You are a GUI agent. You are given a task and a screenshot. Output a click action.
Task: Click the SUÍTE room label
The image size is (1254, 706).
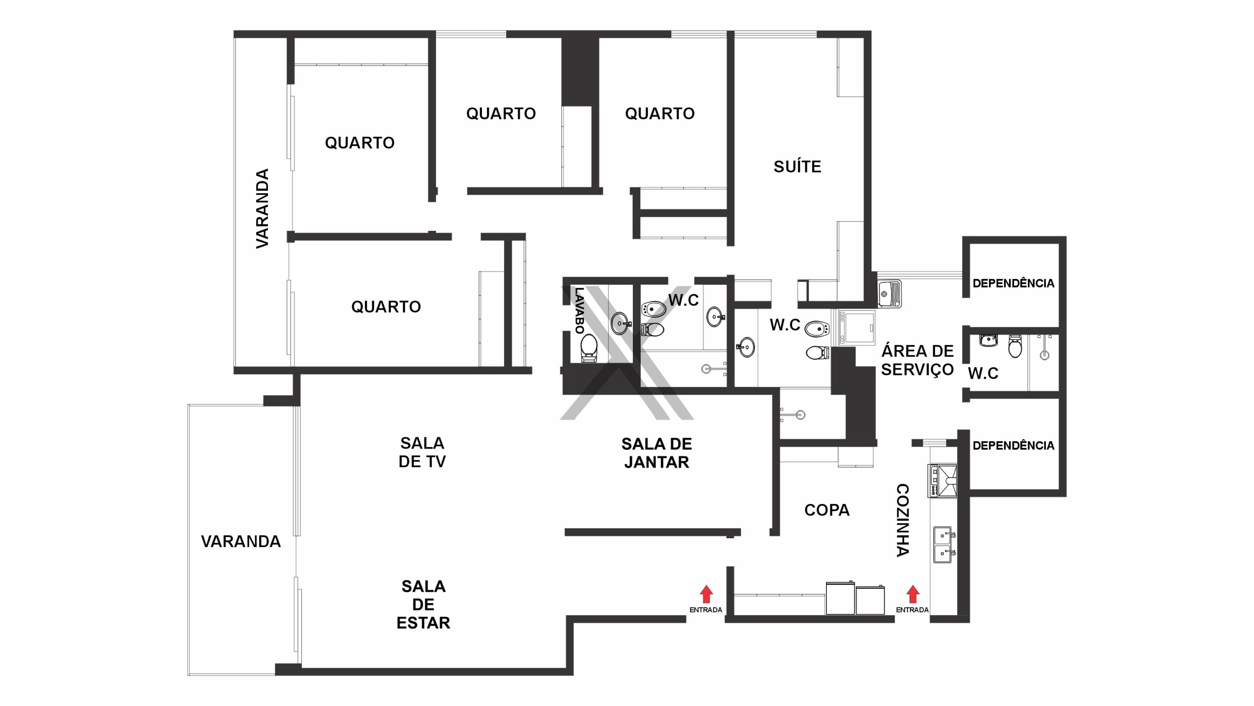[797, 167]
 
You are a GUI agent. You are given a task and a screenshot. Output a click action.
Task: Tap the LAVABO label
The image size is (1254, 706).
[579, 310]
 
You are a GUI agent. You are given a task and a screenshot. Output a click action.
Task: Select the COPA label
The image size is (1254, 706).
[827, 510]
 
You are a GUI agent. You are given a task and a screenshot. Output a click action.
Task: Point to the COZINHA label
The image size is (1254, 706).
[903, 520]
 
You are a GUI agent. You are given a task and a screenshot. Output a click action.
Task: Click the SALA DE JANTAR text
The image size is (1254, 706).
[656, 453]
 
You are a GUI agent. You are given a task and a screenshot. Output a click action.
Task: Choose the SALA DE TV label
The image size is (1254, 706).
[422, 452]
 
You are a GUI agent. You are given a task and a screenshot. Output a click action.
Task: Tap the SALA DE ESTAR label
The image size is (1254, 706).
[423, 604]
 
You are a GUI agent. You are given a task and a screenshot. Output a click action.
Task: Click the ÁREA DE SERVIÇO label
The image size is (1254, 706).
[917, 360]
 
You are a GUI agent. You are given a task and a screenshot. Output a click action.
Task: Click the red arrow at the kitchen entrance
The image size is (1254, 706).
[913, 594]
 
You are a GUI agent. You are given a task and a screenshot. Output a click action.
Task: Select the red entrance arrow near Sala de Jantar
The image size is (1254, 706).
[706, 594]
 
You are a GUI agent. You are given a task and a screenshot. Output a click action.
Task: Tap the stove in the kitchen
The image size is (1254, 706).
[942, 480]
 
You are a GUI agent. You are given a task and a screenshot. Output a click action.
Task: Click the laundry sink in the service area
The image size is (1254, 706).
[889, 293]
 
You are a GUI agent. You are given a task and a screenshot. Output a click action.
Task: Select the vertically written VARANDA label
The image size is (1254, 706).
[263, 208]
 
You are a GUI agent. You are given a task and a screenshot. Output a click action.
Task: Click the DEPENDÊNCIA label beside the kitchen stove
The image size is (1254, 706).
[1013, 445]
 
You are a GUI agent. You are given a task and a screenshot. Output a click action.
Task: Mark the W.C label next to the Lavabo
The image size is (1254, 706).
[684, 300]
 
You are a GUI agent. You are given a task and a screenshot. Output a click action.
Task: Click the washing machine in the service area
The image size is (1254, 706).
[857, 328]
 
